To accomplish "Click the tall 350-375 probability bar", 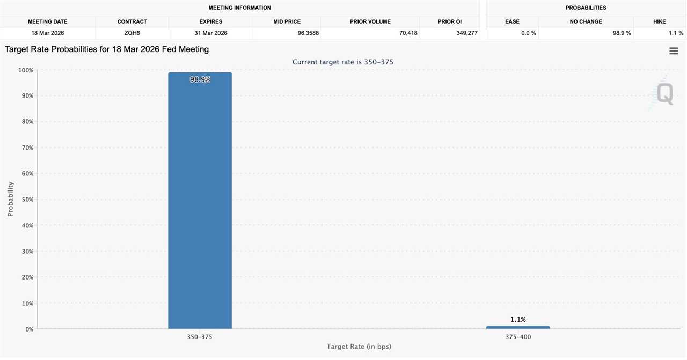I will (200, 204).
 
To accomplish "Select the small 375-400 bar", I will (517, 327).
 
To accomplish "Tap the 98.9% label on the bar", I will (200, 79).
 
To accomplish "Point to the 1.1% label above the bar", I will (518, 319).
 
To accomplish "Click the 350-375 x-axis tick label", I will (200, 337).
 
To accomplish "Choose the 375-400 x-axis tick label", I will (518, 337).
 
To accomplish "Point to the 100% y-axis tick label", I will (25, 70).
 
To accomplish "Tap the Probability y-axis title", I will (10, 199).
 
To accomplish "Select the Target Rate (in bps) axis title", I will (359, 347).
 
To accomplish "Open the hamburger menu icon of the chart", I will (674, 51).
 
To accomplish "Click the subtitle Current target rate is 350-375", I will (343, 62).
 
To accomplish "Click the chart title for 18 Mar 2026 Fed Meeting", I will (107, 49).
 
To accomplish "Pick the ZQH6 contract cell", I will (132, 33).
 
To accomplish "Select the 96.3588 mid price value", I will (308, 33).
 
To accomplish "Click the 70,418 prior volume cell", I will (408, 33).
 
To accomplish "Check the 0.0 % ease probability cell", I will (529, 33).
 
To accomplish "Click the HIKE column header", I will (659, 21).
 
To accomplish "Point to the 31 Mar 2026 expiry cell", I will (210, 33).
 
